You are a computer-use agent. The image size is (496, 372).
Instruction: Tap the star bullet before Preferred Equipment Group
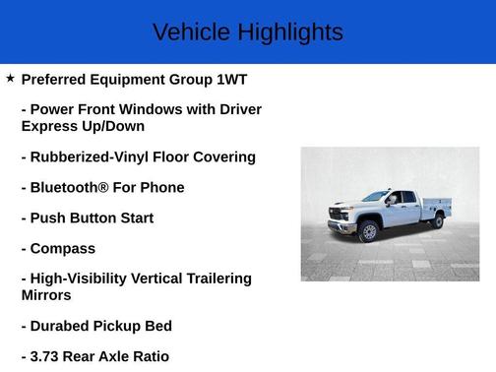click(x=10, y=78)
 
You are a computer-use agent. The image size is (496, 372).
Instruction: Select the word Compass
click(x=63, y=248)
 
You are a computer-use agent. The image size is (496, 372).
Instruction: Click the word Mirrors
click(x=46, y=294)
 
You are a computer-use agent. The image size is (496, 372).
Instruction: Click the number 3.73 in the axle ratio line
click(x=48, y=356)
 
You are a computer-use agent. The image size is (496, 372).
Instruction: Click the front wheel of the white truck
click(x=369, y=231)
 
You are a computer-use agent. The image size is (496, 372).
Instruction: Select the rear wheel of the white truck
click(x=436, y=220)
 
